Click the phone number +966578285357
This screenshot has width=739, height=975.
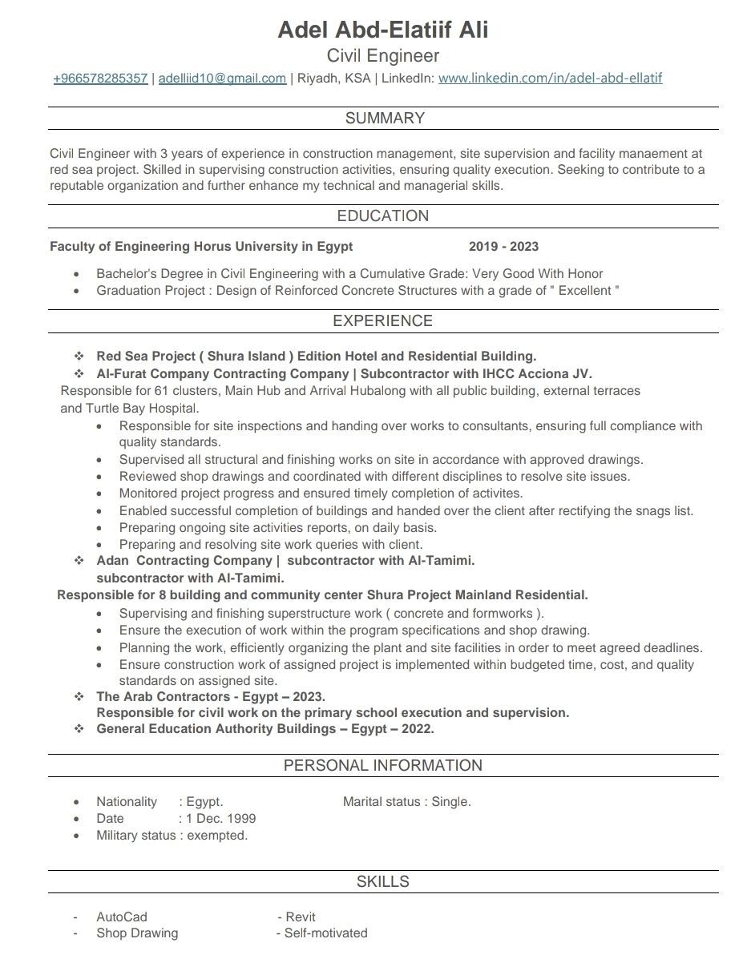pyautogui.click(x=100, y=79)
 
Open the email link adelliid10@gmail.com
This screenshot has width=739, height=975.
pyautogui.click(x=222, y=79)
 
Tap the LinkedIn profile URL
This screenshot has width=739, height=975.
pyautogui.click(x=550, y=79)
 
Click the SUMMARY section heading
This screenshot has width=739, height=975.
pyautogui.click(x=385, y=119)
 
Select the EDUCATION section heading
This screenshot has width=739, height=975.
pyautogui.click(x=383, y=216)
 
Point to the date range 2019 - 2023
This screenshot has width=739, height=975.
pyautogui.click(x=503, y=247)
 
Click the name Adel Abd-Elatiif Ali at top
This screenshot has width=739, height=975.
pyautogui.click(x=382, y=30)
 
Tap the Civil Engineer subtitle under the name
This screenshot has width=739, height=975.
pyautogui.click(x=383, y=56)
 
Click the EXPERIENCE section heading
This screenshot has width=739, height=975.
pyautogui.click(x=382, y=321)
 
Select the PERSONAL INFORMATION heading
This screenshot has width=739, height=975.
pyautogui.click(x=383, y=766)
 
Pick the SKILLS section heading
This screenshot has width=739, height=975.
pyautogui.click(x=383, y=882)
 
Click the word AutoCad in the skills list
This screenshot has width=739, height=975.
pyautogui.click(x=122, y=917)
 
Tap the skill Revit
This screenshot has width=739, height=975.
pyautogui.click(x=301, y=917)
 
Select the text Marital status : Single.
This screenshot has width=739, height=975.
pyautogui.click(x=407, y=802)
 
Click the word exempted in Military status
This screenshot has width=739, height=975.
pyautogui.click(x=217, y=836)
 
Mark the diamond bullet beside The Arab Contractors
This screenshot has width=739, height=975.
pyautogui.click(x=79, y=697)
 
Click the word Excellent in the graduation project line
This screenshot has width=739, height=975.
pyautogui.click(x=586, y=291)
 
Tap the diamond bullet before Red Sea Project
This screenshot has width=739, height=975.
pyautogui.click(x=79, y=356)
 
